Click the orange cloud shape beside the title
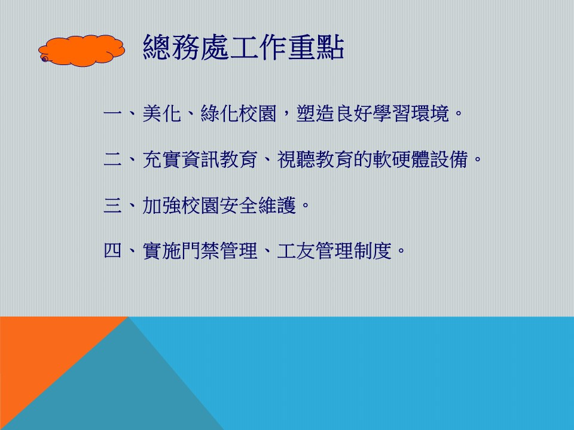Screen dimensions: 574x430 (82, 51)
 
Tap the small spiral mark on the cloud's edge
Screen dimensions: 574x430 (45, 59)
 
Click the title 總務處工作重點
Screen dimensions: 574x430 (243, 47)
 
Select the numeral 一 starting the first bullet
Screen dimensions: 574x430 (112, 113)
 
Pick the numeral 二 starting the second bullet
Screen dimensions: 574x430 (112, 159)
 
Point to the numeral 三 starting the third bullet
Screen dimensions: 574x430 (112, 205)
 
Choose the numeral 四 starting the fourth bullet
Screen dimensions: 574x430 (112, 251)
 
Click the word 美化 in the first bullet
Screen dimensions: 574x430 (162, 113)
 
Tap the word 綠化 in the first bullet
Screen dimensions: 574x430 (219, 113)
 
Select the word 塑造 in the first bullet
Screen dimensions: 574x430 (316, 113)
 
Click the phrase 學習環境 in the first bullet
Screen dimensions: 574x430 (411, 113)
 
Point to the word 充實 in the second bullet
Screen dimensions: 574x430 (162, 159)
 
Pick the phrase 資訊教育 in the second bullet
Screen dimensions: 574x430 (219, 159)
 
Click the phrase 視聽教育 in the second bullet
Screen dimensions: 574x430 (316, 159)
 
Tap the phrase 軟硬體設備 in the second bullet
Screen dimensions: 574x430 (421, 159)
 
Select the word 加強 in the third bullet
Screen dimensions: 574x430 (162, 205)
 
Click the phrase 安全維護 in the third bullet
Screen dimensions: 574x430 (258, 205)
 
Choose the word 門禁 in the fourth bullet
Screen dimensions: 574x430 (200, 251)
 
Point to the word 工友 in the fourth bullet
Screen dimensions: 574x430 (296, 251)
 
